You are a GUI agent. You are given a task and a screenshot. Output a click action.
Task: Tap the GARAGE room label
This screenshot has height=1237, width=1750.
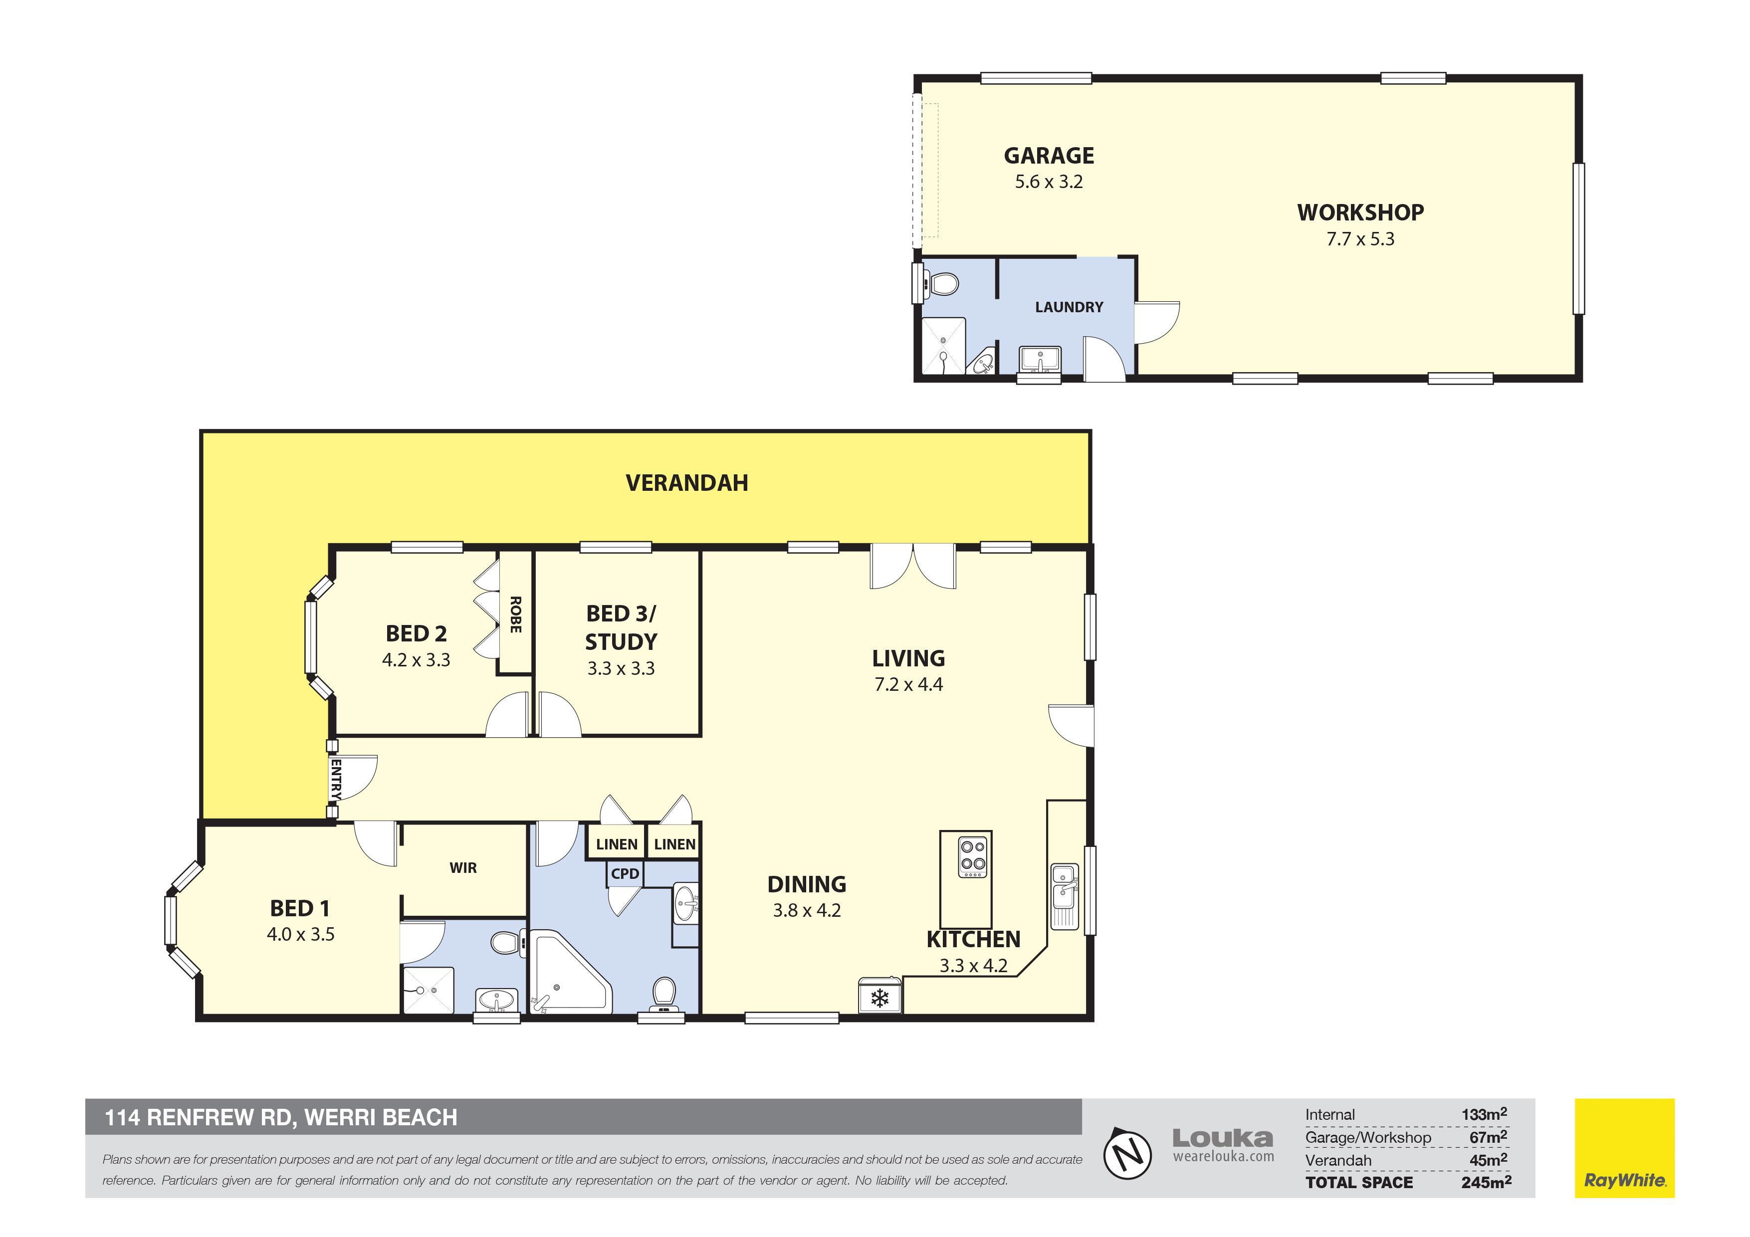click(x=1049, y=156)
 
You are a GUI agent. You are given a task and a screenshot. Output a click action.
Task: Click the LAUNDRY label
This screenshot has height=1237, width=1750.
click(x=1069, y=307)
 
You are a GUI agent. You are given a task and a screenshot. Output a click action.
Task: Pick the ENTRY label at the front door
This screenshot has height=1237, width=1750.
click(x=335, y=779)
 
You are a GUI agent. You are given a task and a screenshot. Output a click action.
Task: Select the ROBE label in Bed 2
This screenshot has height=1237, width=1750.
click(x=515, y=615)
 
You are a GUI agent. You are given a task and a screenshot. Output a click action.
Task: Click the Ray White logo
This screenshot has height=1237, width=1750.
click(x=1625, y=1148)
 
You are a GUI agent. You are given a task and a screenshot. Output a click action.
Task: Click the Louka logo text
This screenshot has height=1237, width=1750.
click(x=1223, y=1139)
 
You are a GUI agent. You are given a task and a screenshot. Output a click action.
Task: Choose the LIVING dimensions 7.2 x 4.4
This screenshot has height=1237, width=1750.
click(x=908, y=684)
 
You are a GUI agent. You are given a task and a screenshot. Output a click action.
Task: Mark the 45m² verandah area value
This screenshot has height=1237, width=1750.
click(x=1489, y=1159)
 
